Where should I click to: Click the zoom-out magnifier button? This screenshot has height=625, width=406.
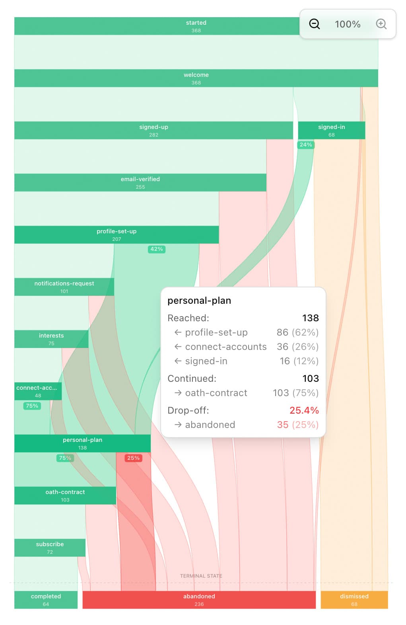pos(315,24)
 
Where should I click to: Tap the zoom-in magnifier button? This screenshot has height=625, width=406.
pos(381,24)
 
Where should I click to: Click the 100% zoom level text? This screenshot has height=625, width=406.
pos(348,24)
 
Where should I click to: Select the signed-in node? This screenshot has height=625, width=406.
pos(331,130)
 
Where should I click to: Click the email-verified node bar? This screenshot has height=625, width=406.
pos(140,182)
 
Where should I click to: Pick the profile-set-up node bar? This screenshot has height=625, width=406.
pos(117,234)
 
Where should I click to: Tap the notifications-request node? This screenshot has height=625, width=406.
pos(64,287)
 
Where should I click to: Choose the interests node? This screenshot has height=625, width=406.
pos(51,339)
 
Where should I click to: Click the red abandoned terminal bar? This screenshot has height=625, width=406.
pos(199,600)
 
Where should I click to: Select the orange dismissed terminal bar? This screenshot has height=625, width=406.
pos(354,600)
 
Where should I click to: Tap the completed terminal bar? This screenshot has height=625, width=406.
pos(46,600)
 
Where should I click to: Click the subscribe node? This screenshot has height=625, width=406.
pos(50,547)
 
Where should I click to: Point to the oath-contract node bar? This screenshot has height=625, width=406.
pos(65,495)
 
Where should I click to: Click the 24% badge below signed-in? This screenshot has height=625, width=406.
pos(306,145)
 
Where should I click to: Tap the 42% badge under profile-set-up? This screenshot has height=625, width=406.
pos(157,249)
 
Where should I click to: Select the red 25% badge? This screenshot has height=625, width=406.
pos(133,458)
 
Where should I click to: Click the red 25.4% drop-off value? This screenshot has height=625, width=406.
pos(304,410)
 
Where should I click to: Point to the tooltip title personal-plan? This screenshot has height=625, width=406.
pos(199,301)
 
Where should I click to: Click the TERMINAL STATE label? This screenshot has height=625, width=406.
pos(201,576)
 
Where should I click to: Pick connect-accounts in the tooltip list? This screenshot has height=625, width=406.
pos(225,347)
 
